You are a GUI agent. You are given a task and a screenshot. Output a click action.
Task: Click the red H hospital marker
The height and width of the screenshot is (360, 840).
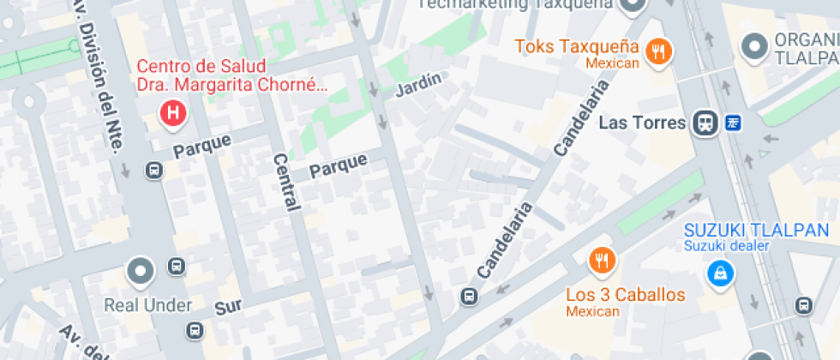coord(173,111)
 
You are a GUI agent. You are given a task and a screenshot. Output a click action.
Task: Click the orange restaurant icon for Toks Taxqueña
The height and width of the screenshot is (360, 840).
coord(658,51)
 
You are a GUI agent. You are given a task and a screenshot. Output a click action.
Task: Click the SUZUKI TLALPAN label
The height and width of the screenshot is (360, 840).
coord(756,230)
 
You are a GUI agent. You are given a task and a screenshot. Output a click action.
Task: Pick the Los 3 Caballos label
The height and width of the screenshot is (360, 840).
coord(626,295)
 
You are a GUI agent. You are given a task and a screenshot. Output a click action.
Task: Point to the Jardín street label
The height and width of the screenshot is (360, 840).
coord(419,85)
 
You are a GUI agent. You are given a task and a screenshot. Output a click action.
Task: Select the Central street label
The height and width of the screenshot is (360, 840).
coord(286,182)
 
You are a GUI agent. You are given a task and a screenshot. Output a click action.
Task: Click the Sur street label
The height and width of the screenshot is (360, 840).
coord(229,308)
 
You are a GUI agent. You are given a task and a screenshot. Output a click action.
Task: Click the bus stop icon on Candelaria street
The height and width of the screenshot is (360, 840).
coord(468,297)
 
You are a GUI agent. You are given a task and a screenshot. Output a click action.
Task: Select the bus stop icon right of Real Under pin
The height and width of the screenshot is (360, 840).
coord(176,267)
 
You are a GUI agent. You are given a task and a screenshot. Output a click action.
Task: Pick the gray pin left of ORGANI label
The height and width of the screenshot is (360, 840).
coord(755,46)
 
